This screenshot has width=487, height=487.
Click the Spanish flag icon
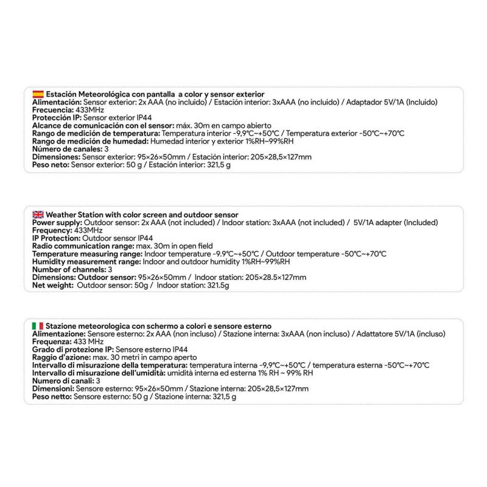38,94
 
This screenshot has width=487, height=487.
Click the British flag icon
38,215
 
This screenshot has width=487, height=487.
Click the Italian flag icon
38,326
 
